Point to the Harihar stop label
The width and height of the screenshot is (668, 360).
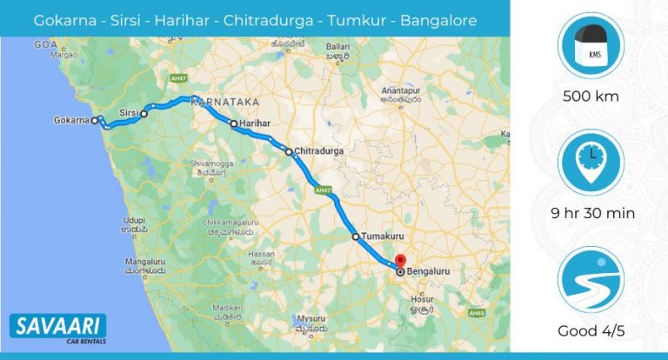click(256, 123)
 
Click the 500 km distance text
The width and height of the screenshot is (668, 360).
click(591, 97)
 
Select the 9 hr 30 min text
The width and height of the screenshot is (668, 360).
click(591, 213)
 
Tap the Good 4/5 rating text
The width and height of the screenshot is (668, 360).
click(591, 330)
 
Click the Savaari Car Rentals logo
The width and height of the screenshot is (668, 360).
click(58, 330)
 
